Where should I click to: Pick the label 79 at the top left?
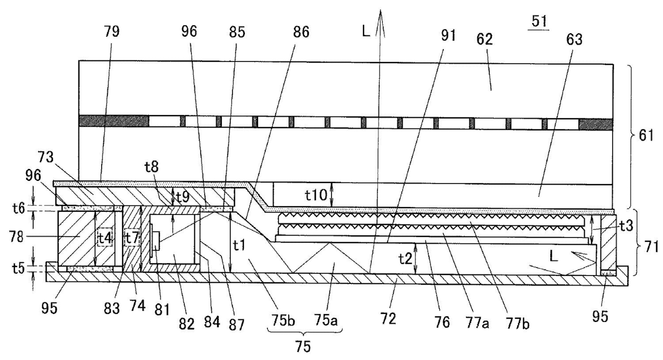pyautogui.click(x=112, y=32)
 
